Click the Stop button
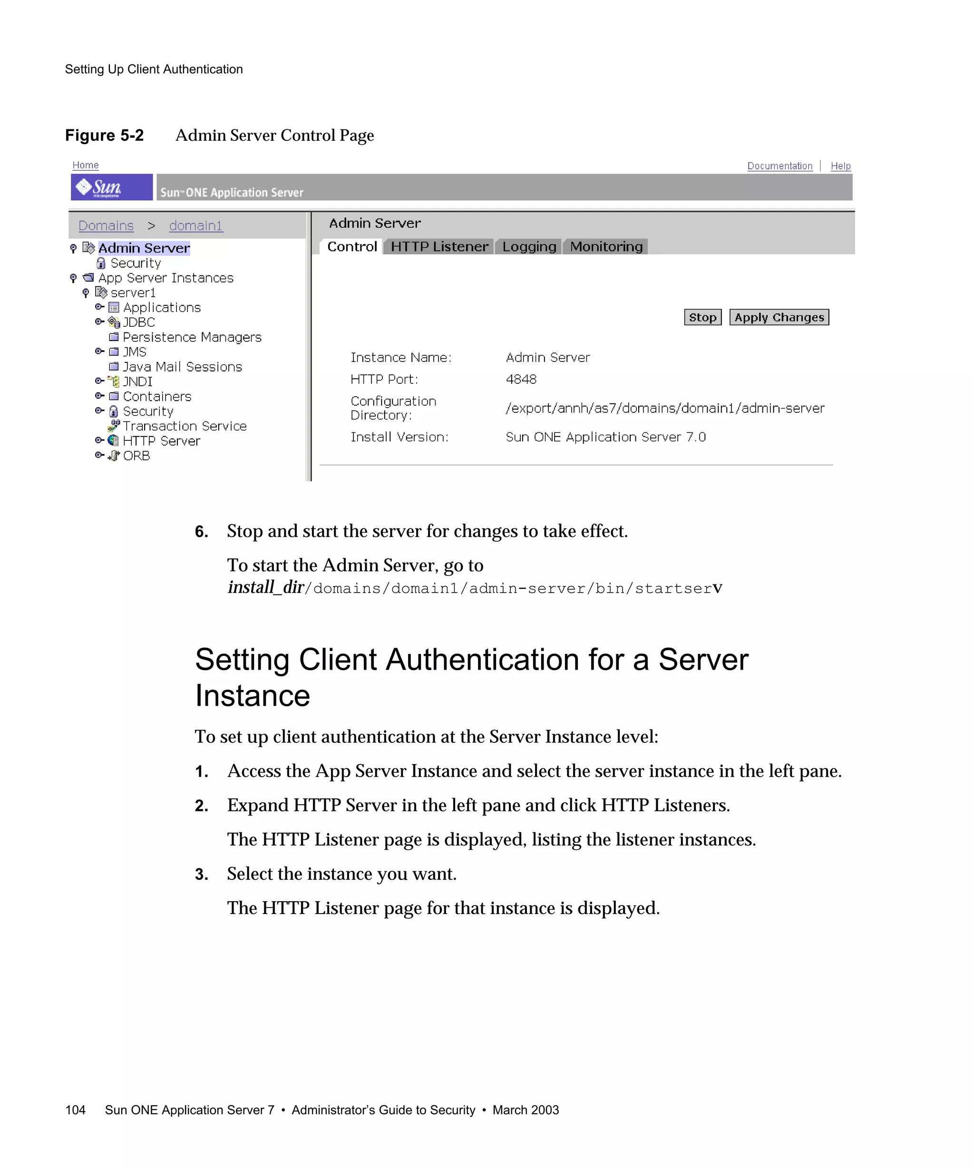702,317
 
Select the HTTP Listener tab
439,247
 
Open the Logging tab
529,247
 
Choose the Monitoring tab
606,247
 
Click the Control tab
352,247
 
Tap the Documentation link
779,166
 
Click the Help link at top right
840,166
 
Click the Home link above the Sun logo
85,166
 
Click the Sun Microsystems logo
111,187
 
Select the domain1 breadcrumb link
195,225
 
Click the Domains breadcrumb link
106,225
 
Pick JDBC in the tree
138,322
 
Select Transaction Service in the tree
184,426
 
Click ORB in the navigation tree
136,456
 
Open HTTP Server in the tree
161,441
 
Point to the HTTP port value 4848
521,379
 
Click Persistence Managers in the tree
192,337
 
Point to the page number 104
75,1110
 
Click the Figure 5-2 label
104,135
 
